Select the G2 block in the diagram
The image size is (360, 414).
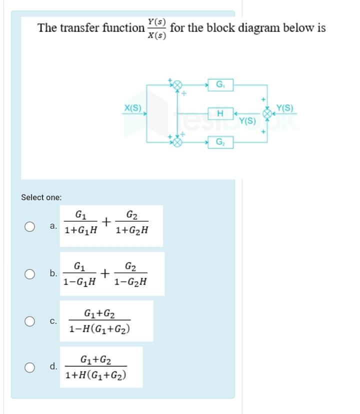coord(220,142)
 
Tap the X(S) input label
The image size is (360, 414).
coord(132,108)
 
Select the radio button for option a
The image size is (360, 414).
coord(30,226)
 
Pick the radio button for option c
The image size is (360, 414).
coord(30,320)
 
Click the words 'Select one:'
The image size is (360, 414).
coord(41,197)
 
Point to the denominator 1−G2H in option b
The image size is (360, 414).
coord(130,282)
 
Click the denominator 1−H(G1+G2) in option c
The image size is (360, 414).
coord(100,329)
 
